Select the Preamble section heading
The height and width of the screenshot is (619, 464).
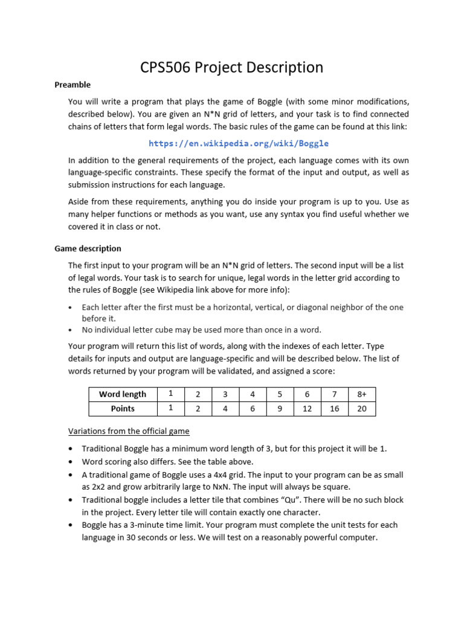tap(72, 85)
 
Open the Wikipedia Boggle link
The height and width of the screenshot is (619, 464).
tap(239, 143)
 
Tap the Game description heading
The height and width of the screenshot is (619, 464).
tap(88, 248)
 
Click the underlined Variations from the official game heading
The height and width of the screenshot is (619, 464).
tap(129, 431)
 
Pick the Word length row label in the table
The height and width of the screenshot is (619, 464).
tap(123, 394)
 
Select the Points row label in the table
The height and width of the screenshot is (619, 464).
tap(123, 409)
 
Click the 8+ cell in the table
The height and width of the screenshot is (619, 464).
tap(361, 394)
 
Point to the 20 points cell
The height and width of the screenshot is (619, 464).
tap(361, 409)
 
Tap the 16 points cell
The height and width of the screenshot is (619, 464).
tap(335, 409)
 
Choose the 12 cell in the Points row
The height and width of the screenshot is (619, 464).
tap(308, 409)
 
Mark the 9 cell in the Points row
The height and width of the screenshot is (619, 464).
tap(280, 409)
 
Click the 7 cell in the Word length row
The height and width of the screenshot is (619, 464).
tap(335, 394)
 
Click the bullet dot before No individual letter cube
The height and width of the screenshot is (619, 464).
tap(71, 330)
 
